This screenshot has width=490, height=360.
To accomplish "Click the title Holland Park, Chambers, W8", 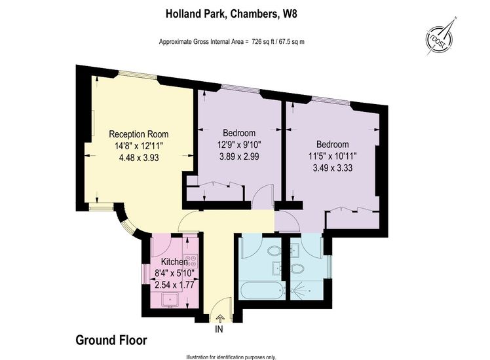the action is click(231, 14).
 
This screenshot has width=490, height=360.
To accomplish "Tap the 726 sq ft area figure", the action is click(263, 41).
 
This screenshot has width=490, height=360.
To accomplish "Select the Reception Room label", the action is click(139, 134).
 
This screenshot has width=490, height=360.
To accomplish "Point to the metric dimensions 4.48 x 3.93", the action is click(139, 158).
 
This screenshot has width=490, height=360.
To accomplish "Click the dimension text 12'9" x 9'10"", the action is click(239, 145).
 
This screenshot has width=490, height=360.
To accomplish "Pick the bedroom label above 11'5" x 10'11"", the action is click(333, 144).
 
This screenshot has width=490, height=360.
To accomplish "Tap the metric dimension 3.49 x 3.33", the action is click(333, 168).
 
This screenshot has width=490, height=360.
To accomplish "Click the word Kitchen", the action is click(174, 262).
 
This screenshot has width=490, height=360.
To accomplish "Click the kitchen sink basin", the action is click(170, 300).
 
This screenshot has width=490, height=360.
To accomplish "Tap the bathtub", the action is click(262, 291).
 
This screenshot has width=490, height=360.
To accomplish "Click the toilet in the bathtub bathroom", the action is click(273, 251).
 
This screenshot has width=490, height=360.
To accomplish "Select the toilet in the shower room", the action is click(297, 268).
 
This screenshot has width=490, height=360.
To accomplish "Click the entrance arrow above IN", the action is click(219, 318).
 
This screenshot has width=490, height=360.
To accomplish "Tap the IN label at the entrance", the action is click(219, 329).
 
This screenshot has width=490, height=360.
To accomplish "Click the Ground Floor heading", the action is click(111, 340).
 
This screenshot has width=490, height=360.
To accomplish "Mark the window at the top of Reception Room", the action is click(137, 75).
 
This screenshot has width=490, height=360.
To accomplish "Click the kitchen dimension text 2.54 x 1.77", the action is click(174, 285).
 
